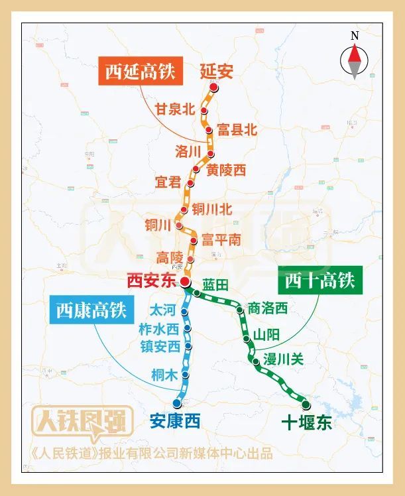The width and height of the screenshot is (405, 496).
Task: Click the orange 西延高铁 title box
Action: pyautogui.click(x=140, y=72)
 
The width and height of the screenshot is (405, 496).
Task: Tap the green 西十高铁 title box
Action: pyautogui.click(x=320, y=280)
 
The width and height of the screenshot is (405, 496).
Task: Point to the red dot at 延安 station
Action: pyautogui.click(x=213, y=88)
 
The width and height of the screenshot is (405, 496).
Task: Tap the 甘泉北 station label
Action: pyautogui.click(x=175, y=109)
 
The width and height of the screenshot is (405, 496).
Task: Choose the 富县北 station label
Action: pyautogui.click(x=236, y=130)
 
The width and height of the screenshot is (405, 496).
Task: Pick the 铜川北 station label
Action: pyautogui.click(x=212, y=209)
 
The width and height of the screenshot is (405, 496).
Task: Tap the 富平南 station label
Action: pyautogui.click(x=221, y=239)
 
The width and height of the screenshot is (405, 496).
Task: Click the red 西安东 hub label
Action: pyautogui.click(x=152, y=281)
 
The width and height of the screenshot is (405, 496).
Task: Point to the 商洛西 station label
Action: pyautogui.click(x=267, y=308)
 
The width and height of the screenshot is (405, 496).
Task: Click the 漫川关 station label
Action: pyautogui.click(x=283, y=359)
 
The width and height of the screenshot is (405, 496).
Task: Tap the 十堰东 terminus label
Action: pyautogui.click(x=306, y=422)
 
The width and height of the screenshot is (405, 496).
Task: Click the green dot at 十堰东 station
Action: pyautogui.click(x=306, y=404)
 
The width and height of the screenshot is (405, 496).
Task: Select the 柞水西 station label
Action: pyautogui.click(x=159, y=328)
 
